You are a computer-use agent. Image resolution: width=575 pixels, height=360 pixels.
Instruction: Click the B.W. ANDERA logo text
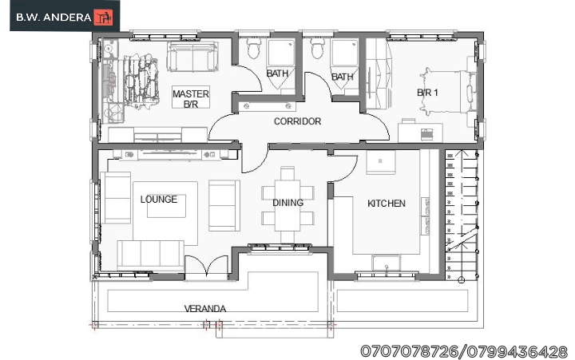click(x=54, y=16)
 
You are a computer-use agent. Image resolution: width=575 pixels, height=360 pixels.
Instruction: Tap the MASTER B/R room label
click(x=191, y=99)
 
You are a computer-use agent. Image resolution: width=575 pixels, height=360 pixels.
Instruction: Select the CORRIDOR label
click(x=297, y=121)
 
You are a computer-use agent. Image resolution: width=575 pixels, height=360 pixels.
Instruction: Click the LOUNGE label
click(x=159, y=199)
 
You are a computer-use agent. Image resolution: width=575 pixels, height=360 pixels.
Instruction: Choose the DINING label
click(x=287, y=203)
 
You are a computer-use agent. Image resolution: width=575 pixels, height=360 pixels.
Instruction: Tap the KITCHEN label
click(x=386, y=204)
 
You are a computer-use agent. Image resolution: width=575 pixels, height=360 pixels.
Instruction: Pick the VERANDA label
click(x=205, y=308)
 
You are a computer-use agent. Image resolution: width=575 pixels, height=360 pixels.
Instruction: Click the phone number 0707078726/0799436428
click(x=464, y=350)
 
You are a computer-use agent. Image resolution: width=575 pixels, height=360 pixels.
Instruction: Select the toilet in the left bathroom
click(x=254, y=49)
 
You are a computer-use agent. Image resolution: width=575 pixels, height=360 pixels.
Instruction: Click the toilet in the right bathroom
click(x=317, y=50)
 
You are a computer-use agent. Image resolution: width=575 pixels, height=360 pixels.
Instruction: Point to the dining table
click(x=287, y=200)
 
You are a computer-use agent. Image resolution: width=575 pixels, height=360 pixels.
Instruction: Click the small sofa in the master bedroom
click(x=192, y=58)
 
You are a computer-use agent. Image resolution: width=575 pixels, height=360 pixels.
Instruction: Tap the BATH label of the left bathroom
click(x=278, y=73)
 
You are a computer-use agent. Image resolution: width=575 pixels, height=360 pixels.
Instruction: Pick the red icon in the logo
click(x=104, y=16)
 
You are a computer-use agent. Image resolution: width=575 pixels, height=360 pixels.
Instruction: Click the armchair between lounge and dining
click(x=224, y=205)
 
